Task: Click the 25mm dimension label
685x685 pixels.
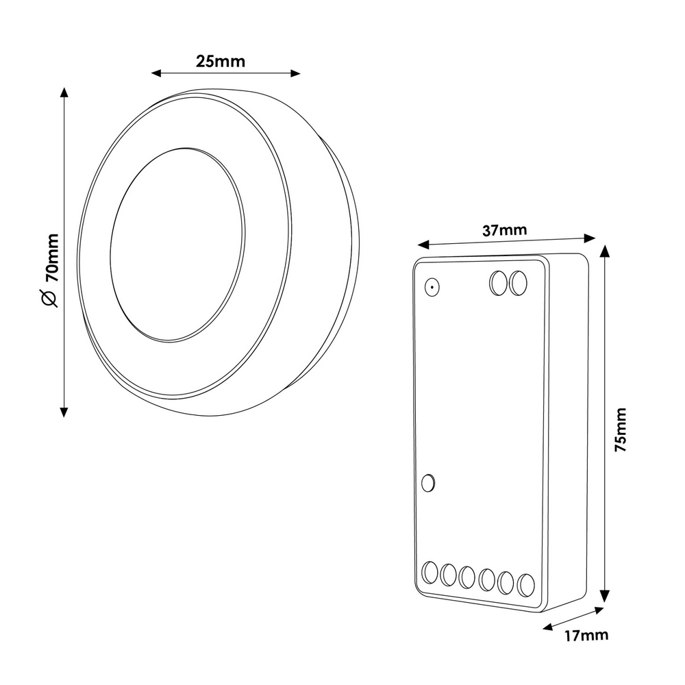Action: tap(220, 62)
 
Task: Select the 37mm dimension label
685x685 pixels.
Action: tap(505, 229)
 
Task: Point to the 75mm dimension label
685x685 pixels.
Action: tap(621, 429)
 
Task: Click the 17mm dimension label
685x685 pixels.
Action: tap(586, 635)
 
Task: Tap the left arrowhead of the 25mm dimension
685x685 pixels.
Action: tap(156, 73)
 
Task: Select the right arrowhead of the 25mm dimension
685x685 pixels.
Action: tap(295, 73)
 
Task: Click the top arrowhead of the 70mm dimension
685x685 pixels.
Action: tap(64, 92)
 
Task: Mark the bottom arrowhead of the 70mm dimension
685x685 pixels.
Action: tap(64, 412)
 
